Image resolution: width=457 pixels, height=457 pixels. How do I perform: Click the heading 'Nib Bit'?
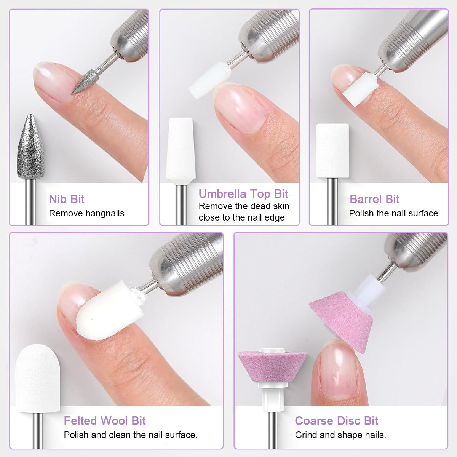click(67, 199)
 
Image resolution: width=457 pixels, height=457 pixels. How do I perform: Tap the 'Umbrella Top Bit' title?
click(244, 194)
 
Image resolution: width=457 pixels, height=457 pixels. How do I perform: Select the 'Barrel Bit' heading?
click(374, 199)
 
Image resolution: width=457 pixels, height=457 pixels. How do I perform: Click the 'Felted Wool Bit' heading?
click(105, 421)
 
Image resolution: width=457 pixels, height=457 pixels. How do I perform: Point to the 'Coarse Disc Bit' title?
click(336, 421)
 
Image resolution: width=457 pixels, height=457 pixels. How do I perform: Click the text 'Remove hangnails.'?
click(88, 213)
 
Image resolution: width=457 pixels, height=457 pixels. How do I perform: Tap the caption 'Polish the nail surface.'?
click(395, 213)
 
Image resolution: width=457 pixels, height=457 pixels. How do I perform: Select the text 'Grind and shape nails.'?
click(340, 435)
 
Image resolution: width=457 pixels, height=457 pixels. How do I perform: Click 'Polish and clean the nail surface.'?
click(131, 435)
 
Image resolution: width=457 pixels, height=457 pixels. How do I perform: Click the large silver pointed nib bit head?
click(30, 147)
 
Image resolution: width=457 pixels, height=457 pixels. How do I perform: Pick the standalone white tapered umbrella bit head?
click(181, 151)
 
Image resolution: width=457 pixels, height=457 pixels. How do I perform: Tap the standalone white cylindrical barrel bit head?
click(332, 151)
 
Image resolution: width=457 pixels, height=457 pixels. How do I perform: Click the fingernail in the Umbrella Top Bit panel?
click(240, 106)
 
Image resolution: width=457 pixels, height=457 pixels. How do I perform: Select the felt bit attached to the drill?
click(110, 310)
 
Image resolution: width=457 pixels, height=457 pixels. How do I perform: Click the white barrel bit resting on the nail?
click(360, 89)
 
